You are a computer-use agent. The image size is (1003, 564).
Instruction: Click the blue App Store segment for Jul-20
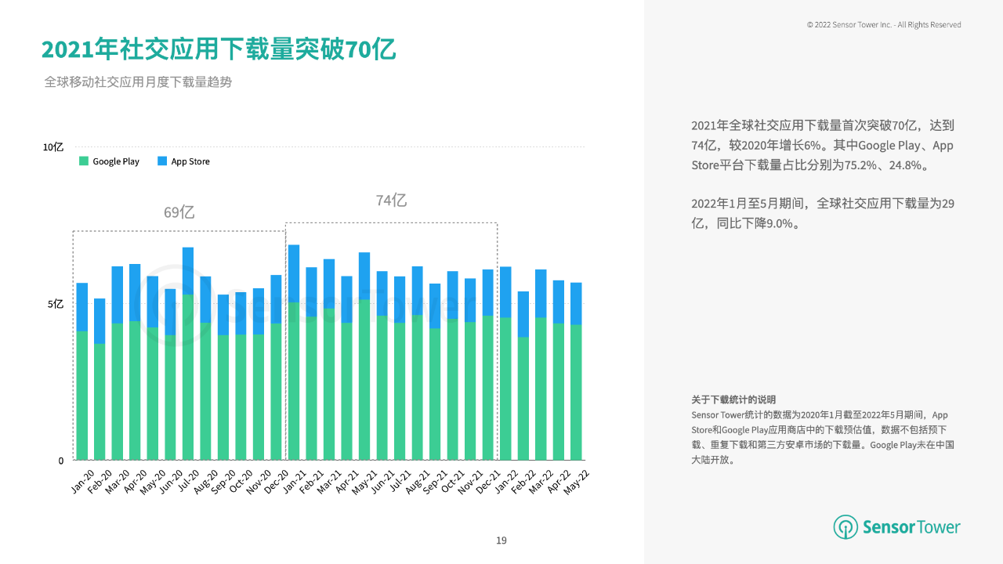(188, 270)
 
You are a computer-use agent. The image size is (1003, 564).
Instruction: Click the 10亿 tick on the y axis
(53, 147)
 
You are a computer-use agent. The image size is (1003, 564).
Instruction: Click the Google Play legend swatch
(84, 161)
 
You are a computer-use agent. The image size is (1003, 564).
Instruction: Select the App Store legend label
(190, 161)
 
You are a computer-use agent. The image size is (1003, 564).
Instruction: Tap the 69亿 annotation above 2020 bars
(179, 212)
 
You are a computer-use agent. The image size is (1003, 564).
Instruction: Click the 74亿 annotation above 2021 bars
(391, 201)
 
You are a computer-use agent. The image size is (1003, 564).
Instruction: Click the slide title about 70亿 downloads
(219, 49)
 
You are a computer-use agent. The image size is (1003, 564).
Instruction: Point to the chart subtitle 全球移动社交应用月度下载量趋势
(138, 82)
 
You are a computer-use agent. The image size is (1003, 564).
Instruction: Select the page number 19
(501, 540)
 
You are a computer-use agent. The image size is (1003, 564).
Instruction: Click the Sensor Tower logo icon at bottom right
(845, 527)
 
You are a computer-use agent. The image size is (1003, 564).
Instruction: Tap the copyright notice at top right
(884, 25)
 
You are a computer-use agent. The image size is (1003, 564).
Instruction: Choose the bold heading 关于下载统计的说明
(733, 399)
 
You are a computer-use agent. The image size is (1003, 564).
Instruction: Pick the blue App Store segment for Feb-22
(523, 314)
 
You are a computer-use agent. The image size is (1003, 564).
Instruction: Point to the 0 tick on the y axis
(60, 461)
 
